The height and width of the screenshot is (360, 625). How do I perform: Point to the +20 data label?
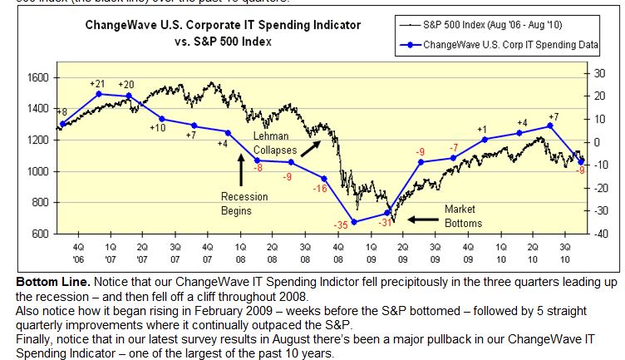[126, 85]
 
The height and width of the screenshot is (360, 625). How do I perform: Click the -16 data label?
[318, 190]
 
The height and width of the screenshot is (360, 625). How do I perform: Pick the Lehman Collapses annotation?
[274, 142]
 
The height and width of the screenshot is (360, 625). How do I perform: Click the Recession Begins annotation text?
[240, 204]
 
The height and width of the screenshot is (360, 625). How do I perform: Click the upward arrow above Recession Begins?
[240, 170]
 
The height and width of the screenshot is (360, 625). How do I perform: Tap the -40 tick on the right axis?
[597, 234]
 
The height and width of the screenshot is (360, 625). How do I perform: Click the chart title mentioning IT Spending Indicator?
[191, 32]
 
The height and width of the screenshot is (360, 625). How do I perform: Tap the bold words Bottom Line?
[49, 283]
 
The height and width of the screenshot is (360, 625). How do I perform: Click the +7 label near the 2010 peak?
[553, 117]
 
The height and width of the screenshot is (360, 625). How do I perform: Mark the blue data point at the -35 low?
[354, 222]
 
